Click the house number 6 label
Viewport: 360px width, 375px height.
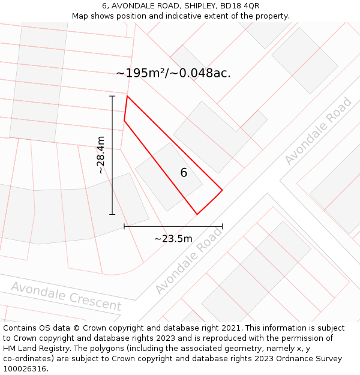tap(184, 173)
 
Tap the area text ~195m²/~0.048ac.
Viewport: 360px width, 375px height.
tap(173, 73)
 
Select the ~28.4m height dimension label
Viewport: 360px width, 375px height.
tap(101, 155)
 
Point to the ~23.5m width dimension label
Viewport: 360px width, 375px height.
tap(173, 238)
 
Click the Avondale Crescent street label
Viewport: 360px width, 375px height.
tap(66, 296)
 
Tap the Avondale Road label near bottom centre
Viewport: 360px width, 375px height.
tap(188, 260)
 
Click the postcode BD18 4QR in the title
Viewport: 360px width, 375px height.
tap(239, 6)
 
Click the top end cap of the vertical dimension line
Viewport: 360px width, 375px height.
tap(112, 96)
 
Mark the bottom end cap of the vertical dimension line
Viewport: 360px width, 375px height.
tap(112, 214)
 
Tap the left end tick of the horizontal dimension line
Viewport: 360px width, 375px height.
tap(124, 226)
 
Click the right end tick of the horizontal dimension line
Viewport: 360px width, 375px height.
tap(222, 226)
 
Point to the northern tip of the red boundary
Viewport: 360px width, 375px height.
tap(127, 96)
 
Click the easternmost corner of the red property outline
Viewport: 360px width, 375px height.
tap(222, 191)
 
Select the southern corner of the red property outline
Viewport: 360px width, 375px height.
tap(197, 214)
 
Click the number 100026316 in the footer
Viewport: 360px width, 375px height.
tap(26, 368)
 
